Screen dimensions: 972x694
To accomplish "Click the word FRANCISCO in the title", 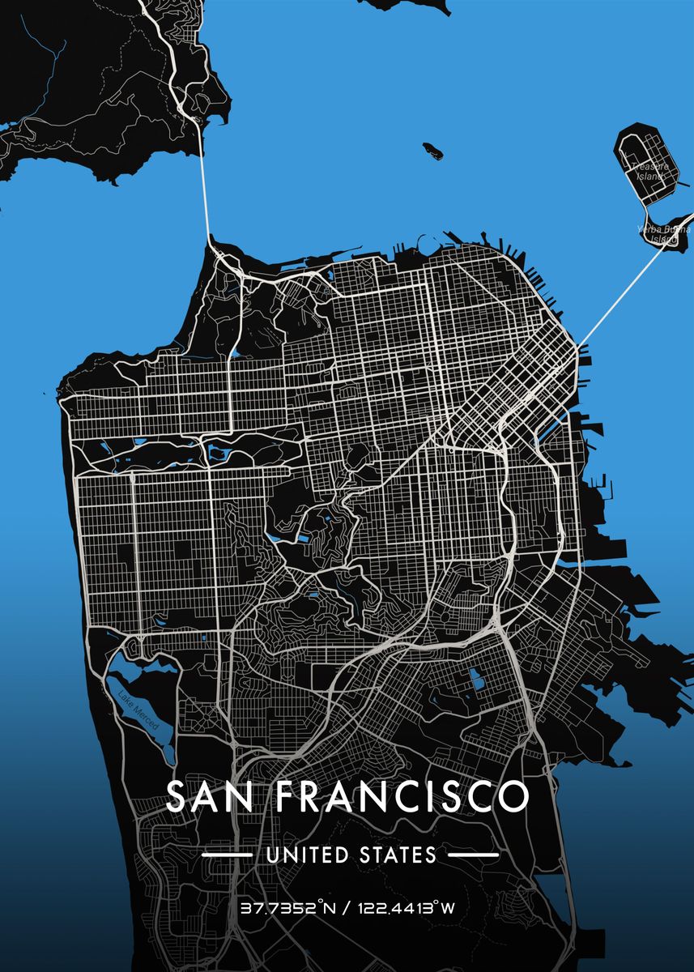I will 402,797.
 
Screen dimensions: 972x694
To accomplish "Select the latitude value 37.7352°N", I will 286,908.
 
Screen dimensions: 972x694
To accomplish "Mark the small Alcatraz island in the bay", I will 432,151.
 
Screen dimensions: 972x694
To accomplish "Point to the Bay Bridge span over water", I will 619,292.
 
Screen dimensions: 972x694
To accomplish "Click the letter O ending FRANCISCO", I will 512,797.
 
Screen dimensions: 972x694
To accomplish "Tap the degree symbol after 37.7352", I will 319,902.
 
